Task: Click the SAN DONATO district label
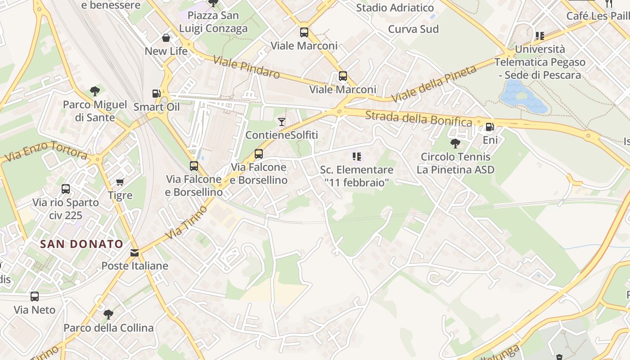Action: tap(81, 244)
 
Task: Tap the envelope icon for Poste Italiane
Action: tap(135, 253)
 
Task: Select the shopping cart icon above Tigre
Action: tap(120, 182)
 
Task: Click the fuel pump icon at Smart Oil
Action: tap(156, 94)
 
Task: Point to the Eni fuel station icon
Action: tap(490, 127)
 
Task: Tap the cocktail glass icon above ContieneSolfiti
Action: tap(282, 121)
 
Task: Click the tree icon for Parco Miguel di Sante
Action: tap(94, 91)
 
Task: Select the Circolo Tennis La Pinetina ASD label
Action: tap(455, 163)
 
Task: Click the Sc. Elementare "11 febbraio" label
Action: tap(356, 176)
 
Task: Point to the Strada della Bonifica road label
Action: tap(418, 119)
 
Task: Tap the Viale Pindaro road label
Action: tap(247, 67)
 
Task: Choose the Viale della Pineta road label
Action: tap(434, 84)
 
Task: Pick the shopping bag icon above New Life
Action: tap(166, 38)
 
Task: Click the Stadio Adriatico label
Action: tap(395, 8)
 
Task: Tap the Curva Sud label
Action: tap(413, 29)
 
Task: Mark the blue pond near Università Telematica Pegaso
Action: tap(522, 97)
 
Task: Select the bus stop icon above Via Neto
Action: tap(35, 297)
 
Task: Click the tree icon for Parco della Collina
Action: tap(108, 314)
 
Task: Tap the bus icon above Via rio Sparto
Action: tap(66, 189)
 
